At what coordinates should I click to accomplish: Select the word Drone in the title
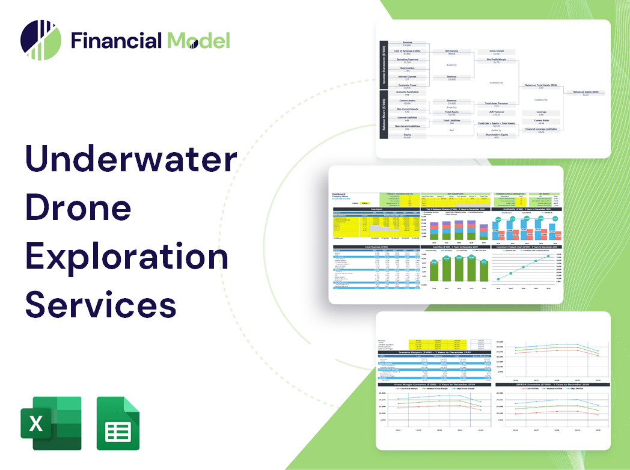(78, 208)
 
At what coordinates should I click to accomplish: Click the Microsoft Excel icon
(50, 423)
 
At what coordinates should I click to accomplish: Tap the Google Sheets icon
(118, 423)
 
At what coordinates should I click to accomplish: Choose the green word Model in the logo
(198, 40)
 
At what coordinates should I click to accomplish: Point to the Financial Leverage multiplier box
(541, 130)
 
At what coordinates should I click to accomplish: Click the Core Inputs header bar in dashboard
(376, 210)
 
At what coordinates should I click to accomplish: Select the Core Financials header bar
(376, 246)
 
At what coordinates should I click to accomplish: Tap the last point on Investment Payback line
(548, 257)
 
